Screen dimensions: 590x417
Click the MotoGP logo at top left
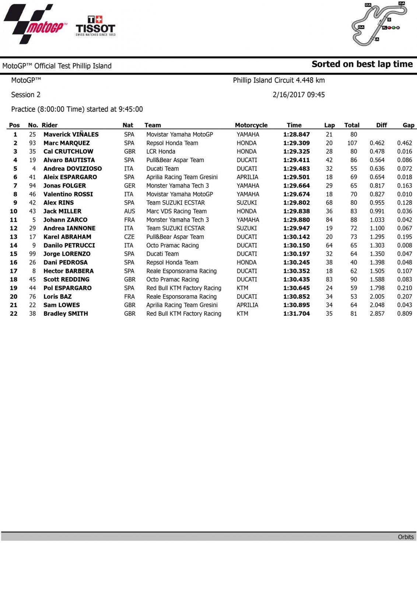pos(35,24)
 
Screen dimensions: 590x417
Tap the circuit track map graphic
pos(379,24)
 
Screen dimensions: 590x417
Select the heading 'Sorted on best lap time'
pos(362,64)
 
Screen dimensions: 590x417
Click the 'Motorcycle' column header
pos(251,125)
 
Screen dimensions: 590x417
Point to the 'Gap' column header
pos(408,125)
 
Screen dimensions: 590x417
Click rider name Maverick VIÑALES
pos(71,135)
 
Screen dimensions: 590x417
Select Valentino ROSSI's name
pos(68,194)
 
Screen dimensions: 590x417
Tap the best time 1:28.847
pos(297,135)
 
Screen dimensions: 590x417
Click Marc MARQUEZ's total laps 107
pos(352,143)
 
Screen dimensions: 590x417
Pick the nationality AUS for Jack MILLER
pos(130,211)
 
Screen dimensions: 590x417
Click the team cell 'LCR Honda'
pos(161,152)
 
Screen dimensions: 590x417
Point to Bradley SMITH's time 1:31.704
pos(297,314)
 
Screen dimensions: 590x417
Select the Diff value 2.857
pos(377,314)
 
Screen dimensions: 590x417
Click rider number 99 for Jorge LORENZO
pos(32,254)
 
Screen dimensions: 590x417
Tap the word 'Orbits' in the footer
pos(406,537)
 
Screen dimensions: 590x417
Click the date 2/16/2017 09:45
pos(299,95)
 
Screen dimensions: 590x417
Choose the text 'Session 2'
pos(26,95)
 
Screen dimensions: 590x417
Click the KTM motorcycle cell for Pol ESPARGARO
pos(242,288)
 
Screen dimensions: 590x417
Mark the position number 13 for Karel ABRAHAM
pos(14,237)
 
